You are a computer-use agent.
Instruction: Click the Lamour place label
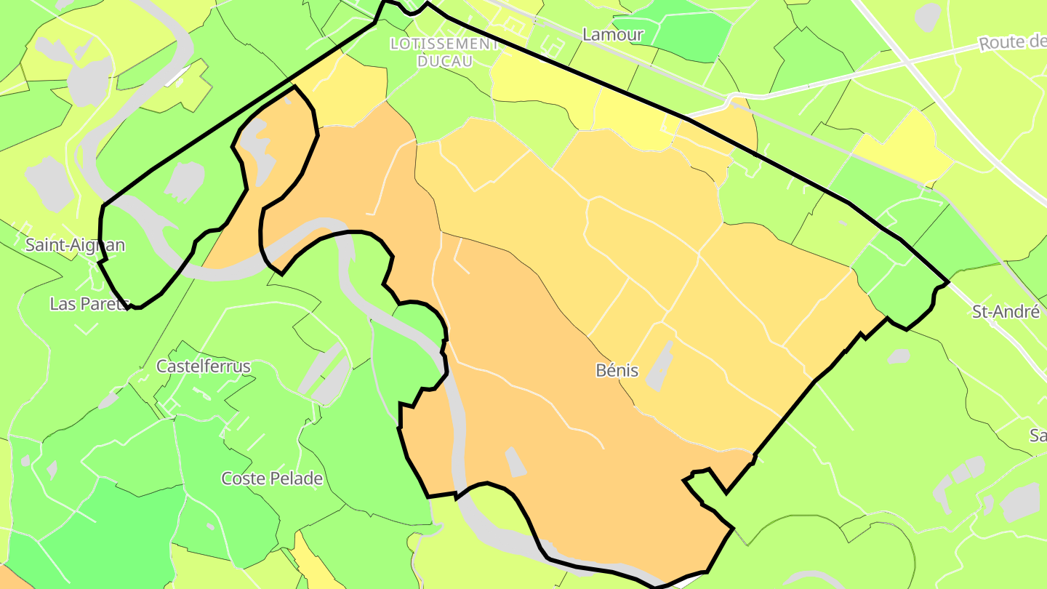613,34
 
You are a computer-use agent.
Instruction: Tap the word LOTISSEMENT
444,44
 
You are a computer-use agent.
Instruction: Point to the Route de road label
1012,42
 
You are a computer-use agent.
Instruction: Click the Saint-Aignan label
75,245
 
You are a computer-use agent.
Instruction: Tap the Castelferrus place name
204,366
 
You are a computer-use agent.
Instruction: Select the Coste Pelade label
272,478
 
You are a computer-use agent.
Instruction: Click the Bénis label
617,370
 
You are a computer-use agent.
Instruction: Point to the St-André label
1006,312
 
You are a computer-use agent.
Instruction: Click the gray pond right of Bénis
660,367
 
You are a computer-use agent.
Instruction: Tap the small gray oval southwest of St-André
899,356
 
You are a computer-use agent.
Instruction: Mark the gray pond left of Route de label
928,17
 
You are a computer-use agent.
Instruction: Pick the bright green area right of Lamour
683,33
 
